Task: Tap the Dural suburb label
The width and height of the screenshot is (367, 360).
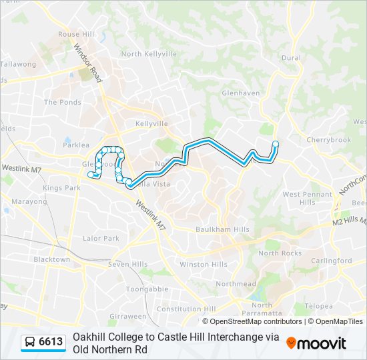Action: pyautogui.click(x=291, y=58)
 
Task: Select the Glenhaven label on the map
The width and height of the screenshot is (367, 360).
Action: pyautogui.click(x=240, y=93)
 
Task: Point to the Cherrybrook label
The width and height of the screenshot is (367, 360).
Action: pyautogui.click(x=324, y=140)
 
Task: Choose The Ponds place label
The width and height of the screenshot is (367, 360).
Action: pyautogui.click(x=62, y=102)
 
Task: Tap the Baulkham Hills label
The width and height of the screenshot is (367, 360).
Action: pyautogui.click(x=222, y=229)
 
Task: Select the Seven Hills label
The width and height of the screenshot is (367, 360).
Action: pyautogui.click(x=128, y=265)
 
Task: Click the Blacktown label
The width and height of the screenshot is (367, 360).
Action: pyautogui.click(x=51, y=259)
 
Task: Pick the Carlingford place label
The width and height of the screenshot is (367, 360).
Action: pyautogui.click(x=332, y=261)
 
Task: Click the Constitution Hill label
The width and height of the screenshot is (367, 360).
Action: pyautogui.click(x=186, y=309)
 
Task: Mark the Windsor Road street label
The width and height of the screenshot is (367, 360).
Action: pyautogui.click(x=87, y=63)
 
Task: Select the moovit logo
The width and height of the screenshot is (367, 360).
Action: pyautogui.click(x=316, y=343)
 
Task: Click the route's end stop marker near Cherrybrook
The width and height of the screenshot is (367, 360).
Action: pyautogui.click(x=275, y=143)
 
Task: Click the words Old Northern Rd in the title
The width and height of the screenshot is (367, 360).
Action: pyautogui.click(x=110, y=349)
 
